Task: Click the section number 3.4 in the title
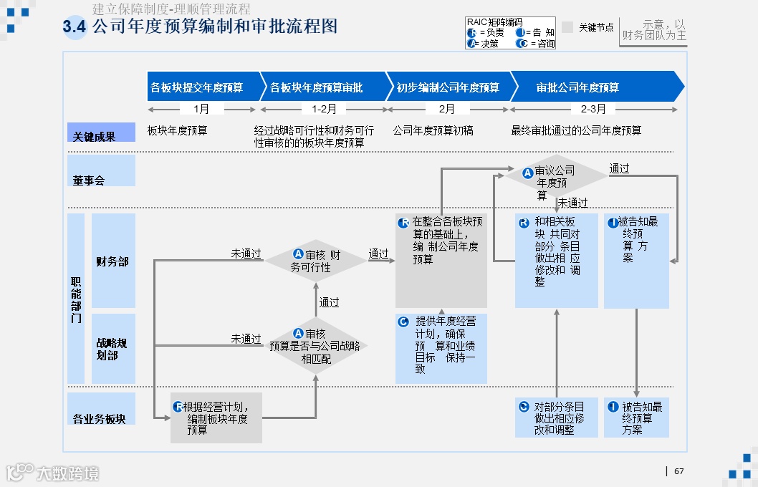tap(75, 27)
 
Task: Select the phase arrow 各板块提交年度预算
tap(198, 87)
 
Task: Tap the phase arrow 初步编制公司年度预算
tap(448, 87)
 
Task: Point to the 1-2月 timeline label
tap(324, 109)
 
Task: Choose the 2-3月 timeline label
tap(593, 109)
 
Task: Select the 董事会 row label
tap(89, 180)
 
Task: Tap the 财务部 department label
tap(112, 261)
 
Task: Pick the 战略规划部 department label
tap(112, 349)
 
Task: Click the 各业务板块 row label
tap(100, 418)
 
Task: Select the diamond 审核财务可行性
tap(315, 261)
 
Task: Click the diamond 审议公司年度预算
tap(555, 176)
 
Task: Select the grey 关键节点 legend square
tap(567, 27)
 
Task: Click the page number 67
tap(679, 471)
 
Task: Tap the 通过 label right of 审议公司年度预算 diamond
tap(619, 169)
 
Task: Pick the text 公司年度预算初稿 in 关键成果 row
tap(433, 130)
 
